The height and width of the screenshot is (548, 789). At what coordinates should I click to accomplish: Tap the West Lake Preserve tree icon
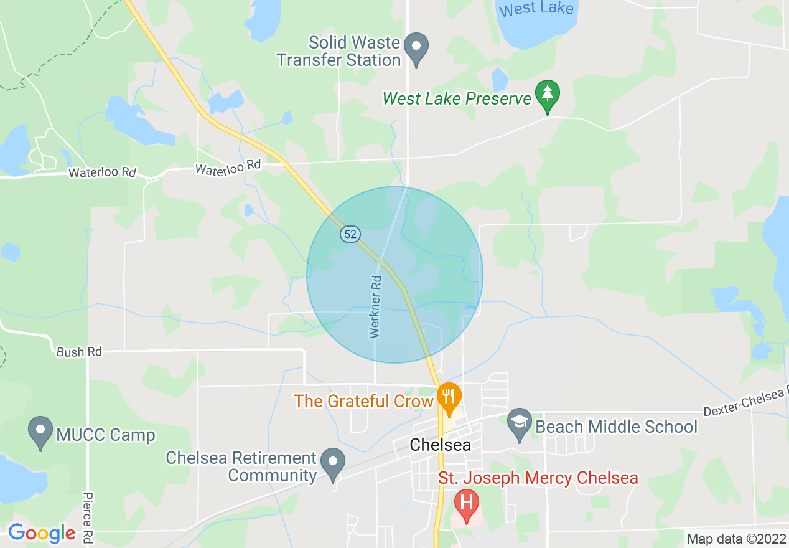tap(547, 95)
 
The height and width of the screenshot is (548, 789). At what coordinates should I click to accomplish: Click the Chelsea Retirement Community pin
tap(333, 463)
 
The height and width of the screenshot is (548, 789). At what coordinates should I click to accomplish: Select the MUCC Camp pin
tap(41, 430)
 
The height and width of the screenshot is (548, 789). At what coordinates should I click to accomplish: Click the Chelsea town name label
tap(440, 445)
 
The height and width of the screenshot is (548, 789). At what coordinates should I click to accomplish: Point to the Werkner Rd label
tap(375, 307)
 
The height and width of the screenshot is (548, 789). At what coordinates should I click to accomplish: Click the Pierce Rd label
tap(88, 516)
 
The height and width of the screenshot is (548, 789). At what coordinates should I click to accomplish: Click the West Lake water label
tap(536, 9)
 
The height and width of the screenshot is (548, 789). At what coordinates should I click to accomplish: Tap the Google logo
tap(42, 533)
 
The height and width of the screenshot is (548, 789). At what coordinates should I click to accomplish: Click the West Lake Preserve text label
tap(457, 98)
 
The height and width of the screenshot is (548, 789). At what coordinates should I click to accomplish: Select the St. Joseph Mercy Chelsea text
tap(538, 478)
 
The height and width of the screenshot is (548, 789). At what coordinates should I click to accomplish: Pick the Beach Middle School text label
tap(616, 427)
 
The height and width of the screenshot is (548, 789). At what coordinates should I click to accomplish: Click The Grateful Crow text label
tap(363, 401)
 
